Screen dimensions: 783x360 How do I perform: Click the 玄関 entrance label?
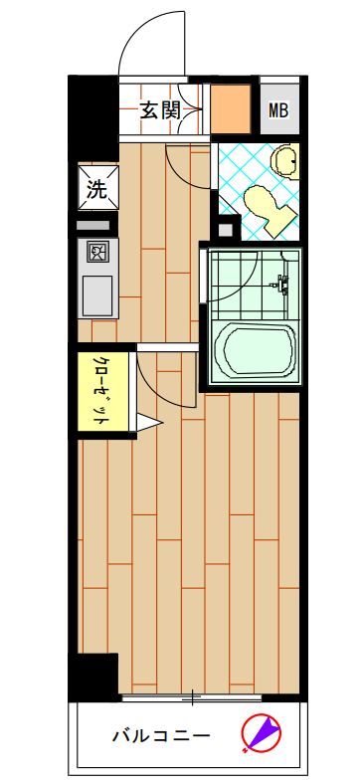(158, 111)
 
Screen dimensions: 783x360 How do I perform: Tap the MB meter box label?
(277, 111)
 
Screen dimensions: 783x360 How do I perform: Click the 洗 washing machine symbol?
(96, 188)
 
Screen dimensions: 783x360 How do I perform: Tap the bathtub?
(257, 350)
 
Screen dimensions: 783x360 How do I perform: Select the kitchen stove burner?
(97, 251)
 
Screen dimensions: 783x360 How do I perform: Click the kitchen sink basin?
(97, 294)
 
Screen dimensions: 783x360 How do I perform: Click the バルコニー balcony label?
(160, 737)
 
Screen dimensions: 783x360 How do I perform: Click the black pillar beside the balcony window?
(92, 676)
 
